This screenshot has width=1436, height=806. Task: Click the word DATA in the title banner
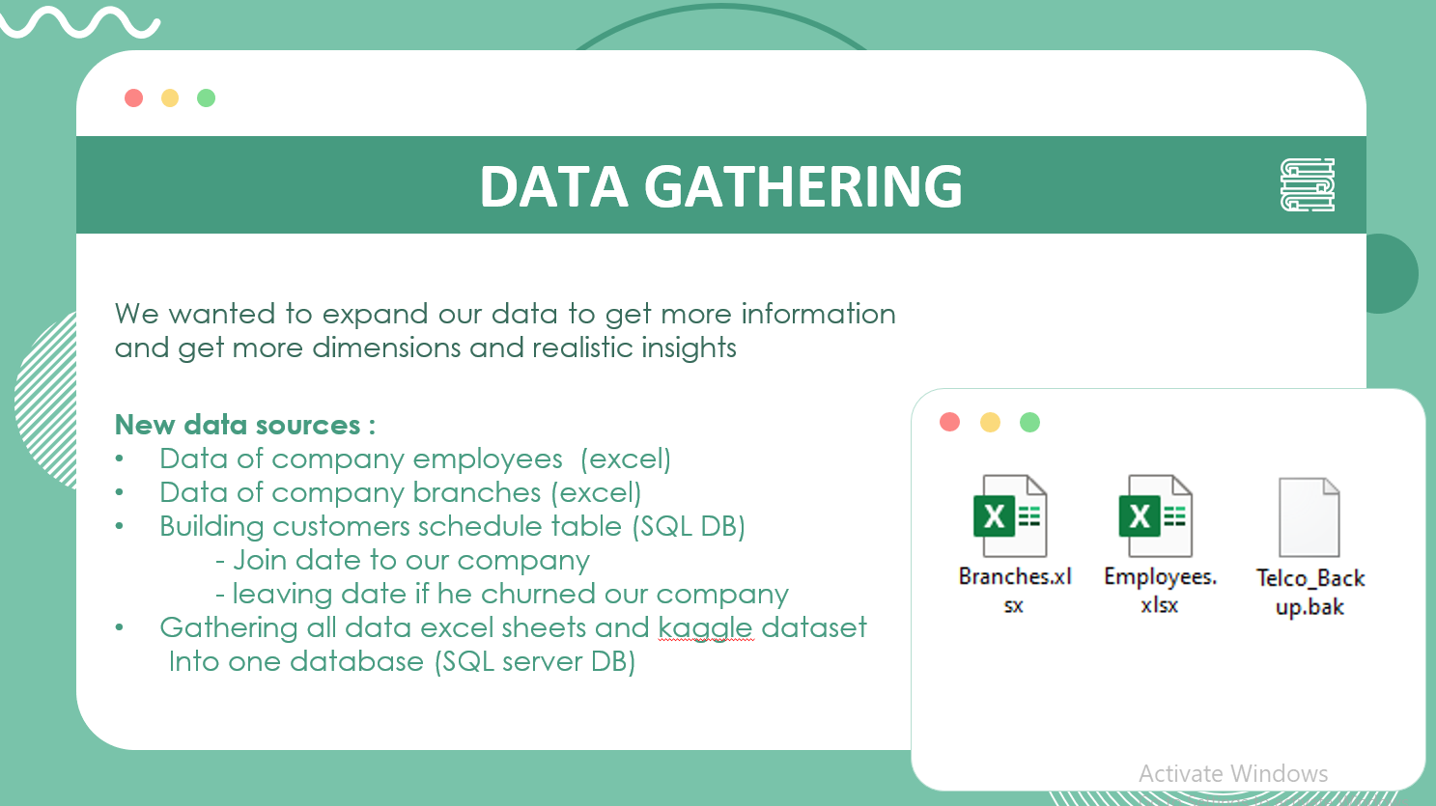click(x=553, y=186)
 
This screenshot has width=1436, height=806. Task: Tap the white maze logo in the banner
click(x=1307, y=185)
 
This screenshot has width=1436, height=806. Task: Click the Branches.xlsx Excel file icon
click(x=1009, y=515)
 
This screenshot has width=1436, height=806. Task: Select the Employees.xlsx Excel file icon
click(x=1155, y=515)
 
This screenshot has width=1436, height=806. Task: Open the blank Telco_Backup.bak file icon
click(x=1309, y=517)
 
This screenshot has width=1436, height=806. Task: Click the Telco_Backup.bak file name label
click(x=1310, y=592)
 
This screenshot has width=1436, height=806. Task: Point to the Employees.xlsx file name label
click(x=1160, y=590)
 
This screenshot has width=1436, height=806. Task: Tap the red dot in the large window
click(x=134, y=97)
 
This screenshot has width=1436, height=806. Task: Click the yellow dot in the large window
click(x=170, y=97)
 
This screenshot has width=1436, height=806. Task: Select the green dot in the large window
click(x=206, y=97)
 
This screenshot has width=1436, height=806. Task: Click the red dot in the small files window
click(x=949, y=422)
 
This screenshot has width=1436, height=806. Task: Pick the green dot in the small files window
click(x=1029, y=422)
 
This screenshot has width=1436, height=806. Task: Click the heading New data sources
click(x=244, y=425)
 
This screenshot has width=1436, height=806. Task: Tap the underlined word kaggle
click(x=705, y=628)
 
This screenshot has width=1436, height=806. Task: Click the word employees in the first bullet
click(x=488, y=459)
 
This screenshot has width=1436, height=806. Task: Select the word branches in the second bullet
click(x=477, y=493)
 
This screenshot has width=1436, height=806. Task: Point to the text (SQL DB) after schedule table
click(x=689, y=527)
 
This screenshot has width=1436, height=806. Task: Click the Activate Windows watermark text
click(x=1233, y=773)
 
